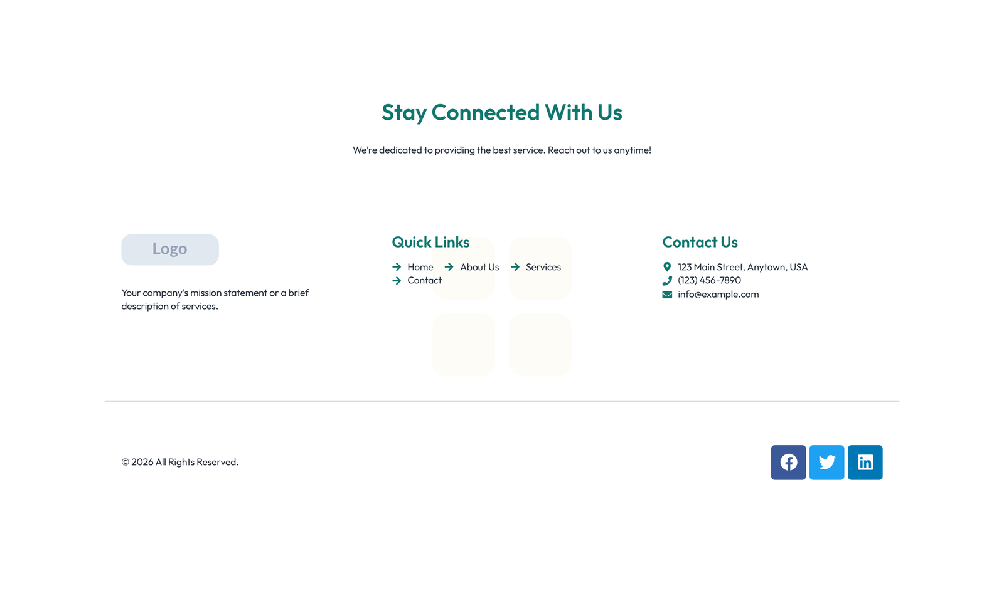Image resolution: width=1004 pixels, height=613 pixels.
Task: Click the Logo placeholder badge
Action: click(170, 249)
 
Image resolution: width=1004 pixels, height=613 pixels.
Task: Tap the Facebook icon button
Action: click(788, 463)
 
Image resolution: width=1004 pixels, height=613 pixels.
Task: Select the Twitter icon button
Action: click(826, 463)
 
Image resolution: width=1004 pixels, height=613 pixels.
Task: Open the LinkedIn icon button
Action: click(865, 463)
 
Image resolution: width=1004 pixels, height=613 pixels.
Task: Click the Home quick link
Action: click(420, 267)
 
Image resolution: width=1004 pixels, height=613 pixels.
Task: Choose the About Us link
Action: click(479, 267)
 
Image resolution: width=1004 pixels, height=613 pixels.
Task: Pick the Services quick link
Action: click(543, 267)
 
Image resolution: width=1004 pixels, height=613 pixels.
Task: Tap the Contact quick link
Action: click(424, 280)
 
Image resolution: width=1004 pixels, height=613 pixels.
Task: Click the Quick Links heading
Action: click(430, 242)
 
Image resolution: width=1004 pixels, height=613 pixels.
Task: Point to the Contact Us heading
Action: click(700, 242)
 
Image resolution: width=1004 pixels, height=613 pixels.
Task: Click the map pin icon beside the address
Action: click(667, 267)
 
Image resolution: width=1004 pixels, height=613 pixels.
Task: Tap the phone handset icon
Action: click(667, 281)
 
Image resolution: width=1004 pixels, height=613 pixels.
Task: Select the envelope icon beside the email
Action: click(667, 295)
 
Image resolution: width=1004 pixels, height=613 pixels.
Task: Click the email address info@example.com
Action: click(718, 295)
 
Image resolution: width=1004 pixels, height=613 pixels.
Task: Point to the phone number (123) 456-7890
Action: click(709, 280)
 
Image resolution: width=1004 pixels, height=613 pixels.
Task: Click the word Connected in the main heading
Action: click(485, 112)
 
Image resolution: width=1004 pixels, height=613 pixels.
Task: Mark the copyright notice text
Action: click(180, 462)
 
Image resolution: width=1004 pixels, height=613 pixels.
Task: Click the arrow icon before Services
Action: click(515, 267)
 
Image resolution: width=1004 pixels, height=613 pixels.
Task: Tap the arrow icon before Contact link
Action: click(397, 281)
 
